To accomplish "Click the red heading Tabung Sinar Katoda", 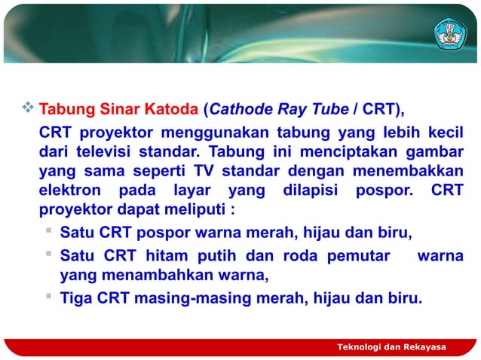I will pos(118,108).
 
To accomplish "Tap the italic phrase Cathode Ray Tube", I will pos(279,108).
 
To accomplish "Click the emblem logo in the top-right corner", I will pos(449,33).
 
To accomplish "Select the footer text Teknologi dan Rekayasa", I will pos(391,346).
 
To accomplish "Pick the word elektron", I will pos(69,191).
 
